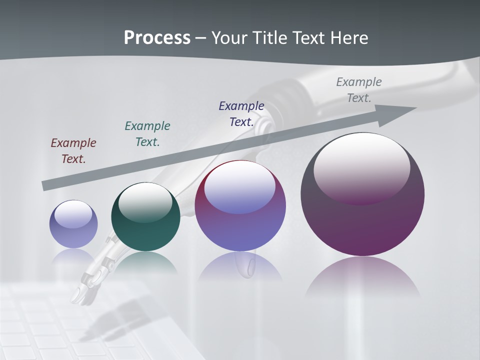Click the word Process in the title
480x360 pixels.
157,38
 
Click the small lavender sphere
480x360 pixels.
73,224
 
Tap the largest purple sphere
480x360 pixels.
362,220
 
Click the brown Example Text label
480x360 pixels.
73,150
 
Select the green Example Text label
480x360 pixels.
147,133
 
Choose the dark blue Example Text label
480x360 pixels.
241,113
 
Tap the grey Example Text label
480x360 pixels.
359,89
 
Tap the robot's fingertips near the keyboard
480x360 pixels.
82,295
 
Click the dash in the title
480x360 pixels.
200,38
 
